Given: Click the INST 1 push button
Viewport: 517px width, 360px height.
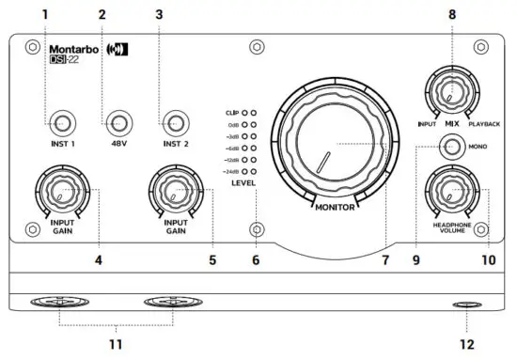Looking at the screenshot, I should click(62, 121).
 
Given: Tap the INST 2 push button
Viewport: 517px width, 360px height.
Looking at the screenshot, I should click(174, 121).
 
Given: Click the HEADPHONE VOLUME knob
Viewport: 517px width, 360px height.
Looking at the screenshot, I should click(452, 193).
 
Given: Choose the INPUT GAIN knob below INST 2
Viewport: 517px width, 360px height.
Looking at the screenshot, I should click(175, 193).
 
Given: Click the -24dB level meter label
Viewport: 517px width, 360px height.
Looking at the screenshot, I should click(228, 173).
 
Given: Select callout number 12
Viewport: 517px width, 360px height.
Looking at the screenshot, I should click(465, 345).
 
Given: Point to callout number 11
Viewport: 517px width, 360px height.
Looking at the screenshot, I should click(117, 345).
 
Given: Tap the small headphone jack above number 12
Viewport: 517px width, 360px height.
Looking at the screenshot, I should click(465, 305).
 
